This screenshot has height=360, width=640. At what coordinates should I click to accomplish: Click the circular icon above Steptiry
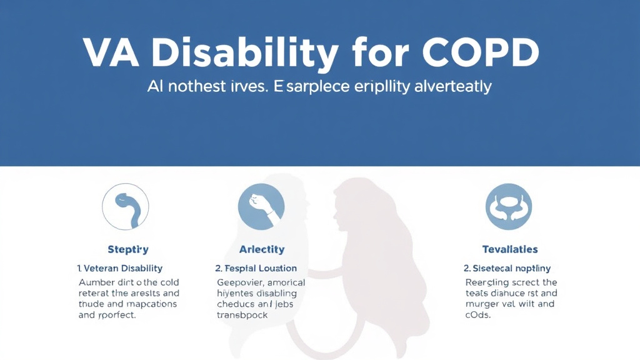click(x=126, y=207)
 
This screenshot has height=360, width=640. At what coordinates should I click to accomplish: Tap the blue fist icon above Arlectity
click(x=261, y=207)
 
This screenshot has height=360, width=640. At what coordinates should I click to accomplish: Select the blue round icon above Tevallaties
click(x=509, y=207)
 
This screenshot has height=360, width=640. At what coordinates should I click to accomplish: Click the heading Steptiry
click(x=127, y=249)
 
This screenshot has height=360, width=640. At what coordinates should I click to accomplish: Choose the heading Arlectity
click(x=261, y=249)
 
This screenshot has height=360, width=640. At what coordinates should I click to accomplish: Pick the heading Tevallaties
click(x=510, y=249)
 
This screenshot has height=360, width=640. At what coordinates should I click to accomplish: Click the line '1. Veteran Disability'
click(x=120, y=268)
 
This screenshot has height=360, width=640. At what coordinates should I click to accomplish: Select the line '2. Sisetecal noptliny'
click(x=507, y=268)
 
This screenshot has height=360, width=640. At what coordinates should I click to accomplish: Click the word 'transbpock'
click(x=242, y=315)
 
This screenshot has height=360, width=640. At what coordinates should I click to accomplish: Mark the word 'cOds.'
click(x=479, y=315)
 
